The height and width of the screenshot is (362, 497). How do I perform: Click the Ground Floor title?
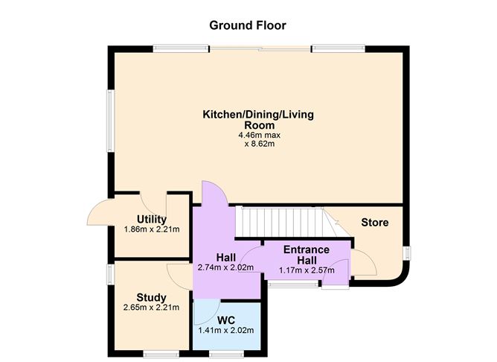tap(248, 25)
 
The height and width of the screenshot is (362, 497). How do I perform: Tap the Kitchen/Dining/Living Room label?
tap(258, 120)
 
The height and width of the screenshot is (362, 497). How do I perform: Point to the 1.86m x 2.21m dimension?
tap(151, 229)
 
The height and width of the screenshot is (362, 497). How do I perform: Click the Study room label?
tap(151, 296)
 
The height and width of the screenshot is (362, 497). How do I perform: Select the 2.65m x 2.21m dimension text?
tap(151, 307)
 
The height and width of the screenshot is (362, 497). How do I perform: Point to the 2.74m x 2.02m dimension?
tap(226, 267)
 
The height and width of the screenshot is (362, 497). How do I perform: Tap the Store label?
tap(375, 223)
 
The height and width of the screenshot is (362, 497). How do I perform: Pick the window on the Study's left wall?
tap(109, 274)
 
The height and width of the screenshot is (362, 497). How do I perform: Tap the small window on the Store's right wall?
tap(407, 253)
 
